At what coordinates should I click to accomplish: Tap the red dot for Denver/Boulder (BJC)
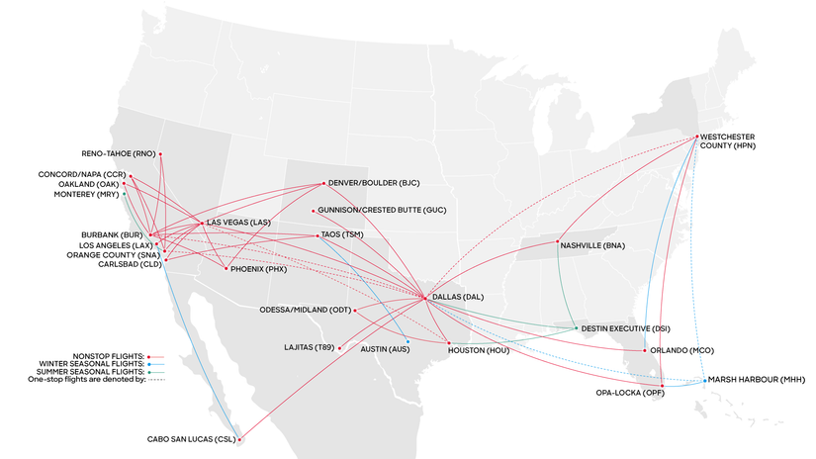coord(324,183)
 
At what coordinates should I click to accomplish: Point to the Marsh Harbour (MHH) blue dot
coord(704,381)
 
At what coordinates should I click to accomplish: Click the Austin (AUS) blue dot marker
coord(408,341)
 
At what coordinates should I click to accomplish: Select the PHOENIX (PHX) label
coord(259,268)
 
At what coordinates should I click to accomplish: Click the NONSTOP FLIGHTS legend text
coord(108,354)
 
